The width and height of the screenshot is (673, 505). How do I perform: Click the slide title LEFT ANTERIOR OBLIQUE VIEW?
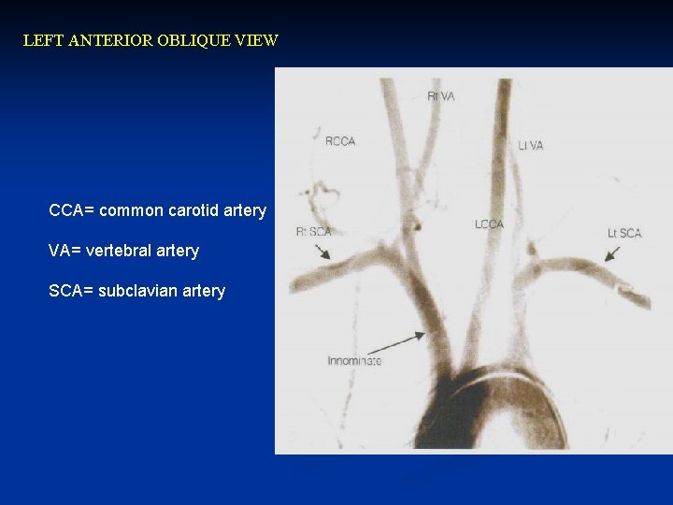click(150, 41)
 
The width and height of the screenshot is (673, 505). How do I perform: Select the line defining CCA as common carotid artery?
click(157, 210)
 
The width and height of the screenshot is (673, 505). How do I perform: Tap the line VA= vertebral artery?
click(123, 251)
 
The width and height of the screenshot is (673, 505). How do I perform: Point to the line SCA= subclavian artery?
click(136, 291)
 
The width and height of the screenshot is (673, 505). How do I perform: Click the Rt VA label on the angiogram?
click(440, 96)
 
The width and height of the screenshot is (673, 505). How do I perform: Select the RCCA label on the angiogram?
click(339, 141)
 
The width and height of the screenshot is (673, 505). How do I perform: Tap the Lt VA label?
click(530, 145)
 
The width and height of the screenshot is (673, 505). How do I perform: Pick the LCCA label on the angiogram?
click(489, 224)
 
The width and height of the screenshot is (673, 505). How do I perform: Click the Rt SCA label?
click(313, 231)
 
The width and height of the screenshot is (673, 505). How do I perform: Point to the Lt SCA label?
click(624, 233)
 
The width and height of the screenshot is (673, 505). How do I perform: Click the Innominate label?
click(353, 360)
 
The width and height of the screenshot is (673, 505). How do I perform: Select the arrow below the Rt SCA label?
click(322, 251)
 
